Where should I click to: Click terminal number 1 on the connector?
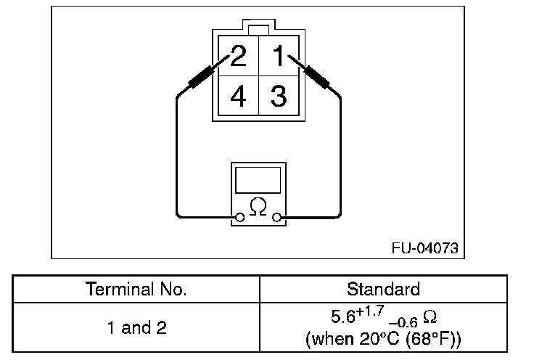(x=279, y=56)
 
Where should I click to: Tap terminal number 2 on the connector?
(x=237, y=56)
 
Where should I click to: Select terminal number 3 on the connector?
(x=279, y=95)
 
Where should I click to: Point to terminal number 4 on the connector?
(x=237, y=95)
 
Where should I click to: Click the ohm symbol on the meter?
(x=258, y=206)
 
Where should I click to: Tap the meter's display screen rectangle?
(x=258, y=179)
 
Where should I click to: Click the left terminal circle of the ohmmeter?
(x=239, y=217)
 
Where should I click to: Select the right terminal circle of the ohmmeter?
(x=276, y=217)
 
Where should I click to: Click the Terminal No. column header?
(x=136, y=289)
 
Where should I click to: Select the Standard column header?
(x=383, y=289)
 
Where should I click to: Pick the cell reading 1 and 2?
(x=136, y=328)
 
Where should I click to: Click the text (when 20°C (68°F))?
(x=383, y=338)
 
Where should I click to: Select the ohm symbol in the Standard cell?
(x=429, y=318)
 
